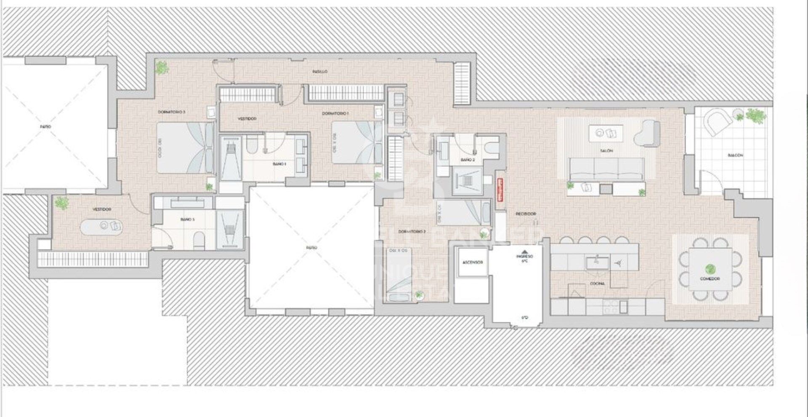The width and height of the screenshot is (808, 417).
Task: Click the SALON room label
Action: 606,150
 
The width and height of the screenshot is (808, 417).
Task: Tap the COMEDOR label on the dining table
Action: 710,279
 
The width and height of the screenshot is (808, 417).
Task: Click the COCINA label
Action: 597,284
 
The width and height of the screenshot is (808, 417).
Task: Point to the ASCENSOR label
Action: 472,262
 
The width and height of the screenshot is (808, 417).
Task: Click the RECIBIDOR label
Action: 526,214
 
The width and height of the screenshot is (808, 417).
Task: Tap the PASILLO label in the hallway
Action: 320,72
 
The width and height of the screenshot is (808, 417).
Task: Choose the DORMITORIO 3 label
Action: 171,112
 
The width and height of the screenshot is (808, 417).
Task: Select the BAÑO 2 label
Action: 468,160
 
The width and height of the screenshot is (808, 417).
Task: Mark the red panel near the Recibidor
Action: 500,190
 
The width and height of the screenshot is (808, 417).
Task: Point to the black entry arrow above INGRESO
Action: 524,251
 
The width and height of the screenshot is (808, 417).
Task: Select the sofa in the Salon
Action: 606,168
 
